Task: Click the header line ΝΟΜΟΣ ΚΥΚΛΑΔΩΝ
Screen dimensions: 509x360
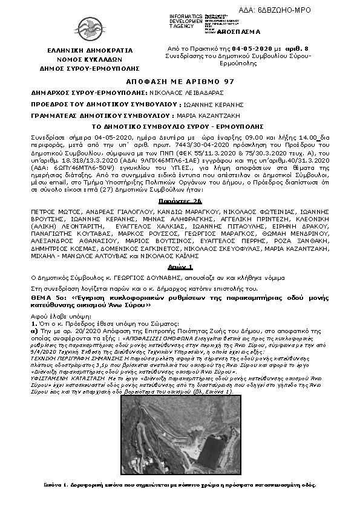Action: click(90, 60)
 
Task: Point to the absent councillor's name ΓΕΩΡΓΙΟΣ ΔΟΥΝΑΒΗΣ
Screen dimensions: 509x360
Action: click(123, 276)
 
